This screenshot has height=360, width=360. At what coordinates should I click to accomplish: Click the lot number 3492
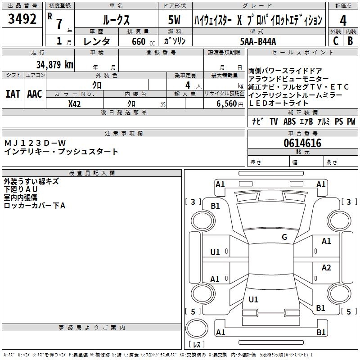click(22, 19)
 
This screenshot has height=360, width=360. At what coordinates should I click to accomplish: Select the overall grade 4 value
click(343, 21)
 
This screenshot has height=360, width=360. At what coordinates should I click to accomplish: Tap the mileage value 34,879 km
click(55, 64)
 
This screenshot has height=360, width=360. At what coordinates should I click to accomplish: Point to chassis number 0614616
click(302, 143)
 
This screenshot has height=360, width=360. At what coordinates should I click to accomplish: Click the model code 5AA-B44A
click(258, 41)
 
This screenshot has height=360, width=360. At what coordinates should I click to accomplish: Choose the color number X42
click(74, 104)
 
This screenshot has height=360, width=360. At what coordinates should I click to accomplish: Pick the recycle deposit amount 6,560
click(227, 104)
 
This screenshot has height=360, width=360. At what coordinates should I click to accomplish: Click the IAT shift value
click(13, 94)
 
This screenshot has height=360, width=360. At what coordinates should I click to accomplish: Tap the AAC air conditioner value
click(35, 94)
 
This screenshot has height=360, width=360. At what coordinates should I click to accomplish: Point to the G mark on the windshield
click(284, 237)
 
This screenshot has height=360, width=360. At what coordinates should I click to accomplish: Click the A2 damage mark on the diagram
click(326, 267)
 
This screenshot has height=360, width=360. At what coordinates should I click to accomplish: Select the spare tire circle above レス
click(197, 328)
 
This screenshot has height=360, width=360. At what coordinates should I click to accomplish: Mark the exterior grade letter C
click(336, 41)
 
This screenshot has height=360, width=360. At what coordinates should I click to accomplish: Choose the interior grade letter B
click(350, 41)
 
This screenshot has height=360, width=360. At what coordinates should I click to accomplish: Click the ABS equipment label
click(289, 121)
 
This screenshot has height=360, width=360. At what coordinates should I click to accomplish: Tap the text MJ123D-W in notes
click(35, 143)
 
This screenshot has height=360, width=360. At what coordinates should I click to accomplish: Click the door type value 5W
click(174, 20)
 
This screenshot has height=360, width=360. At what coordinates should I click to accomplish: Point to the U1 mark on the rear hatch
click(253, 299)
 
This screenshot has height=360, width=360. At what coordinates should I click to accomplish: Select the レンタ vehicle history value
click(96, 41)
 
